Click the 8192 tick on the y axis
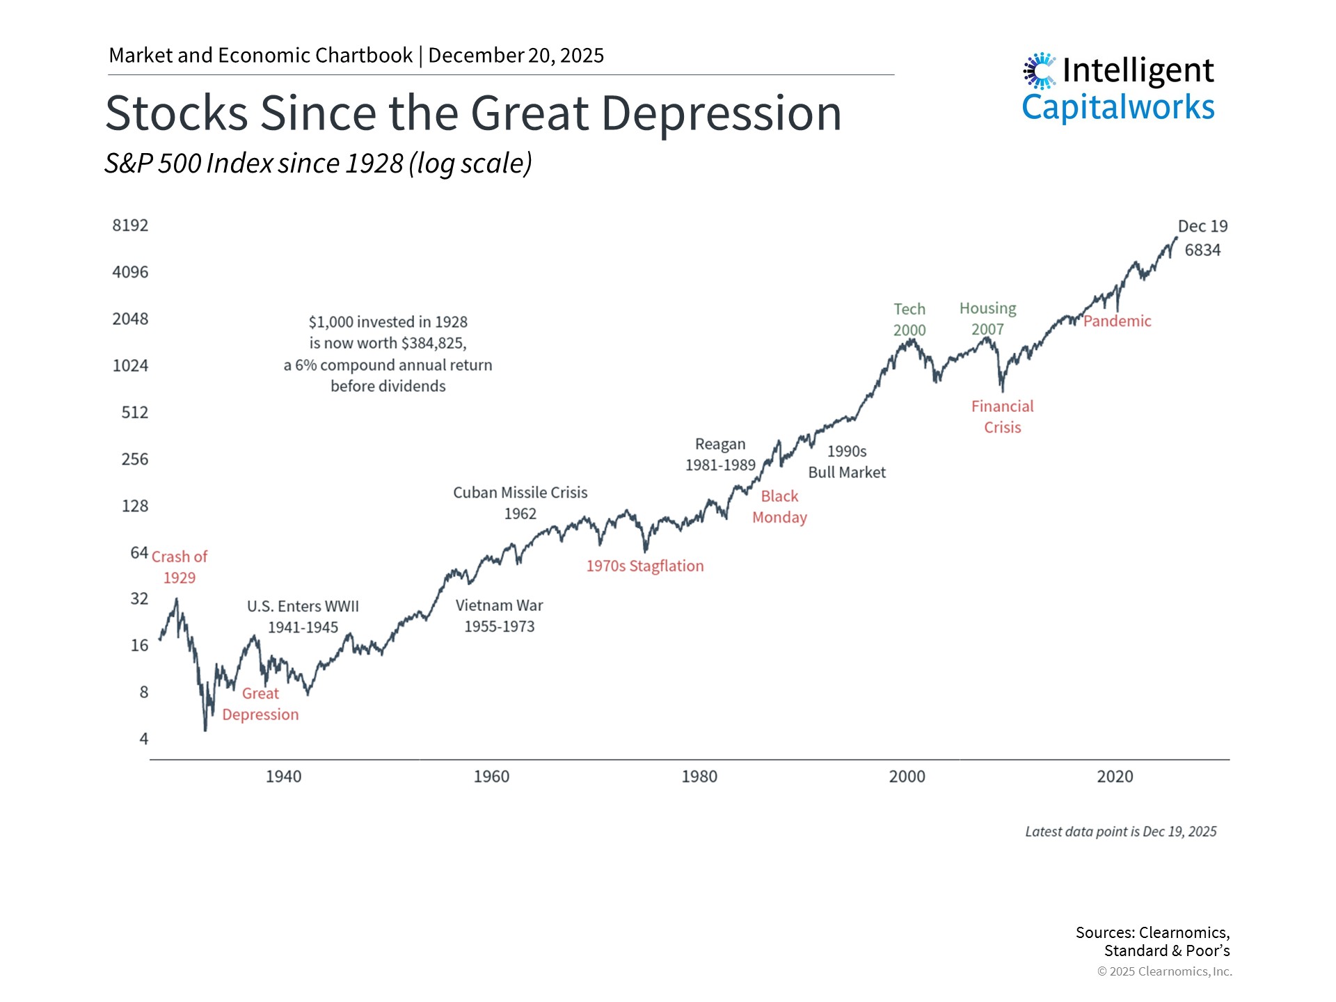[x=130, y=225]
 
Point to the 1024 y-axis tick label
[x=130, y=366]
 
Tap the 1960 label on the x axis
[x=491, y=777]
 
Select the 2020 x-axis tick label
[x=1115, y=777]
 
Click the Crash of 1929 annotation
[x=180, y=567]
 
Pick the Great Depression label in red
[x=260, y=704]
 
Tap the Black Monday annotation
[x=779, y=507]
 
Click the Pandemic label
[x=1117, y=321]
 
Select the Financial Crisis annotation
[x=1002, y=417]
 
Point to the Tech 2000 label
[x=909, y=319]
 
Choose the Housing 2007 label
[x=987, y=319]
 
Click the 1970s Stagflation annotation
[x=644, y=566]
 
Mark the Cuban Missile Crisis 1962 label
[x=520, y=503]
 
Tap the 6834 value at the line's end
[x=1202, y=250]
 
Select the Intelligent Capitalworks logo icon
[x=1040, y=71]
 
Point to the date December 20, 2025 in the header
[x=516, y=56]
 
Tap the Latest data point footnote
[x=1120, y=832]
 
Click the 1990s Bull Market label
[x=846, y=462]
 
